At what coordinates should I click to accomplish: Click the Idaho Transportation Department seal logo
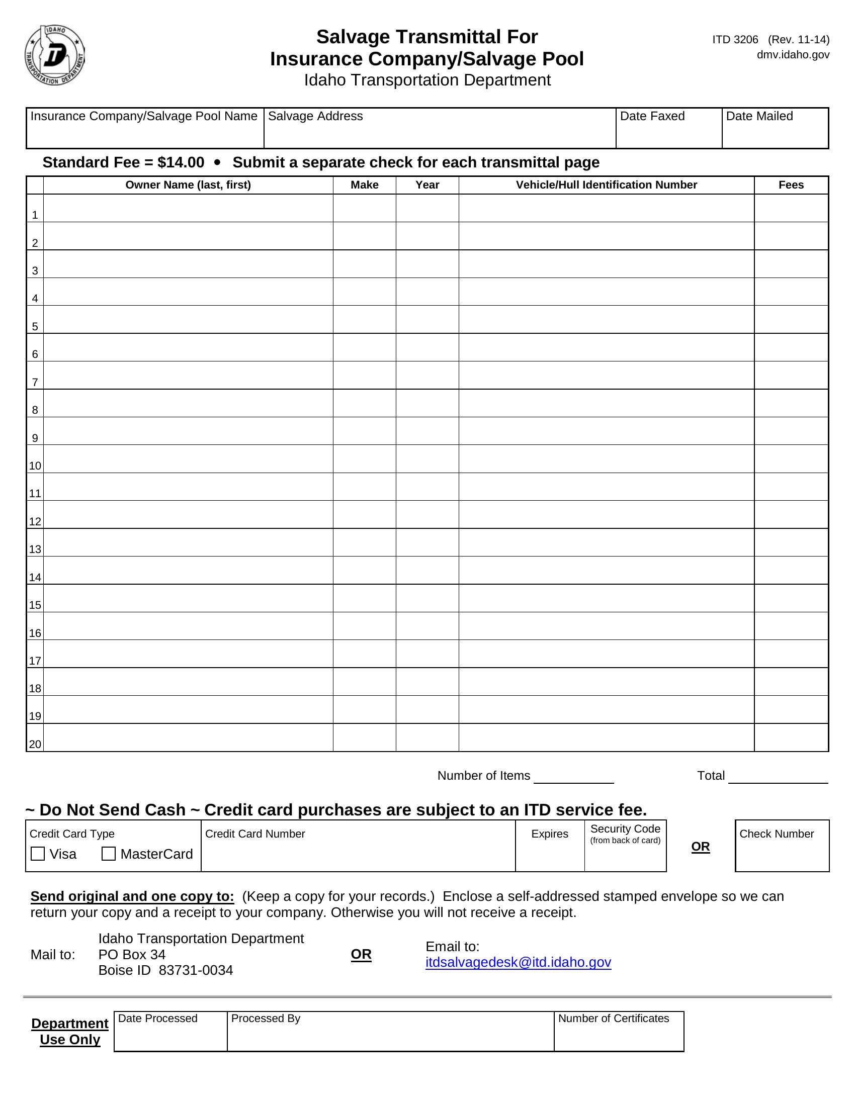tap(55, 55)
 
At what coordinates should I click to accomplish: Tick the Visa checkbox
tap(38, 854)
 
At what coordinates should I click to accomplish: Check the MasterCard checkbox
tap(109, 854)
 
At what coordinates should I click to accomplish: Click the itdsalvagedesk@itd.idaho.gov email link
tap(518, 962)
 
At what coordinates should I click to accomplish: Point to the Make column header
tap(364, 185)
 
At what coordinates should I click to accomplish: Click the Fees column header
tap(791, 185)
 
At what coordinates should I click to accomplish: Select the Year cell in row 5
tap(427, 320)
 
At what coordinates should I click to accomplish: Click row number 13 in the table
tap(35, 549)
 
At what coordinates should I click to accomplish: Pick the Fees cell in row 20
tap(791, 738)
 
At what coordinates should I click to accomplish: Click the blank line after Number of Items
tap(573, 777)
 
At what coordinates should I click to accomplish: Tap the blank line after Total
tap(778, 777)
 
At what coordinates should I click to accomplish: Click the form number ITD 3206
tap(735, 40)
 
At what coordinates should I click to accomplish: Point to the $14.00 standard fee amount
tap(181, 162)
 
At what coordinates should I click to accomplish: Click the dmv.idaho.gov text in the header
tap(793, 55)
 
